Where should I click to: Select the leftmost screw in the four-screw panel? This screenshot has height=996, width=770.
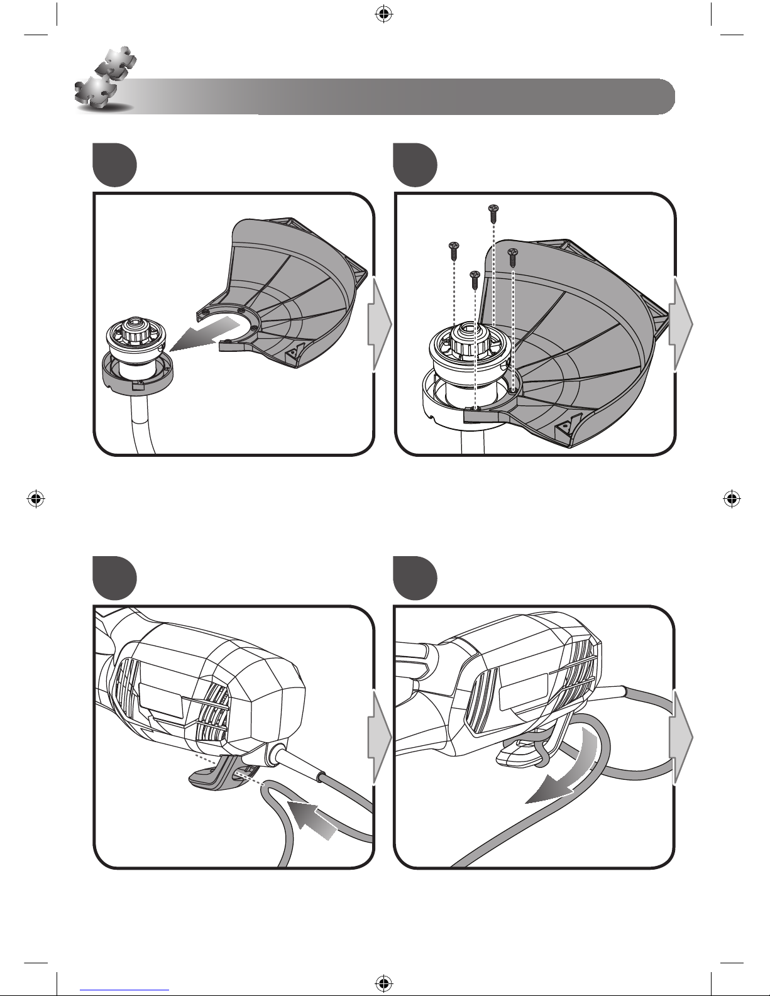(452, 249)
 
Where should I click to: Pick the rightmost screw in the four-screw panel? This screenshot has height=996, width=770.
(512, 255)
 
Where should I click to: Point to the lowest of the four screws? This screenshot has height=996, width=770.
(475, 279)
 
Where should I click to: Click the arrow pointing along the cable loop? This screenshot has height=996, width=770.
(311, 817)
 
